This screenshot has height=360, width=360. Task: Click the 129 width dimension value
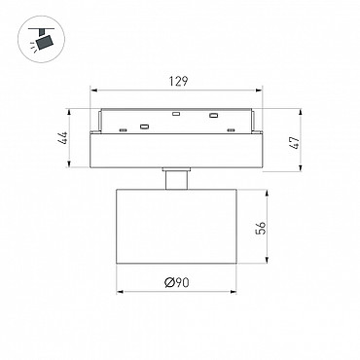point(178,81)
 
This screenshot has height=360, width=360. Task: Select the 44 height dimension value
point(63,138)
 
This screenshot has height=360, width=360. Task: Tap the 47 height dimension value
point(295,143)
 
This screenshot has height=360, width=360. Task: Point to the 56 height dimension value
point(261,228)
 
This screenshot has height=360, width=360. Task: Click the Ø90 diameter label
point(177,282)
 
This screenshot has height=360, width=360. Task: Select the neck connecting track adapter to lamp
point(176,178)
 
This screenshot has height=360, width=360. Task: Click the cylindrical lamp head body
point(176,227)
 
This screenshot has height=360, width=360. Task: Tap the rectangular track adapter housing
point(176,151)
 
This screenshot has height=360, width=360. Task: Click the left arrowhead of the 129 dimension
point(93,90)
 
